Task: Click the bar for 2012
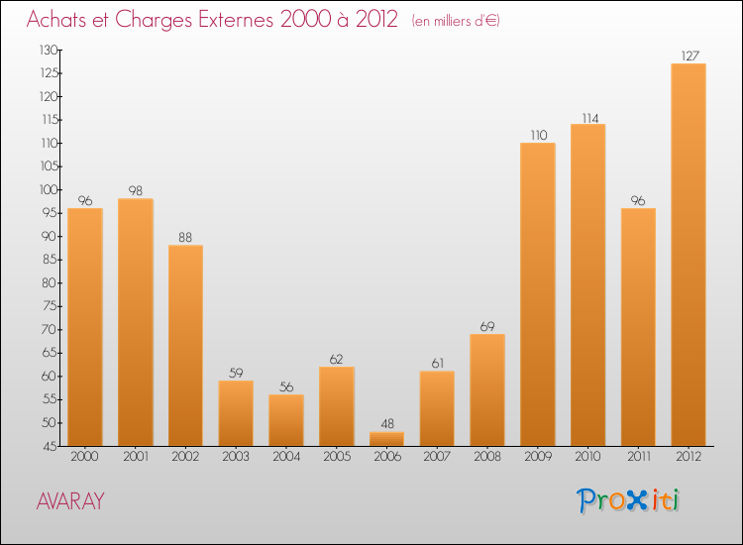688,255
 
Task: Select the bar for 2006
386,439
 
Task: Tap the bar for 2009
537,294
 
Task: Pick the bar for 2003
236,413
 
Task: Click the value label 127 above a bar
688,55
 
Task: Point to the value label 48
386,424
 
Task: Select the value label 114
587,116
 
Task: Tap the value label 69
486,326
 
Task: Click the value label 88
185,237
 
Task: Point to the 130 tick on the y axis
48,50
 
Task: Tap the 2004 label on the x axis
286,459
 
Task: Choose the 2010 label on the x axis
587,459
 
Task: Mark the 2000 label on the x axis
85,459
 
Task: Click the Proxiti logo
630,500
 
